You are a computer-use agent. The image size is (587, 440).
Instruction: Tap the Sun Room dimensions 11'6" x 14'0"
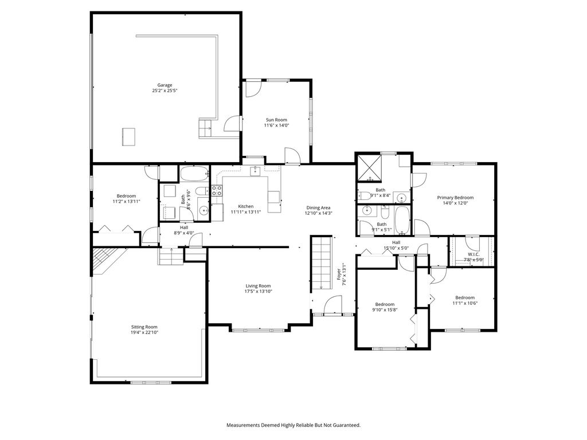pyautogui.click(x=276, y=125)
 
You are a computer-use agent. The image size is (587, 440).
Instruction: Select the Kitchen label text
pyautogui.click(x=246, y=206)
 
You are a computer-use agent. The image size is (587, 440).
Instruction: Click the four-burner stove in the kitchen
pyautogui.click(x=217, y=191)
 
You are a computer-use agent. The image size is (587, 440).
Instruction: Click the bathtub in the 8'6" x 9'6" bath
pyautogui.click(x=195, y=173)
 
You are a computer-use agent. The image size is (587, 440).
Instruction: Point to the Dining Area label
pyautogui.click(x=318, y=207)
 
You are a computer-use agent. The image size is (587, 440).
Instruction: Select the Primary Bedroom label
pyautogui.click(x=455, y=197)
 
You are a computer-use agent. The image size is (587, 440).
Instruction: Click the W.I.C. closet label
pyautogui.click(x=473, y=254)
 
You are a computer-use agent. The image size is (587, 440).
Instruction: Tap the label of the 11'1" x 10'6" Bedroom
pyautogui.click(x=464, y=297)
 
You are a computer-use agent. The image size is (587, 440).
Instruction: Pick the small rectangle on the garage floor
pyautogui.click(x=130, y=137)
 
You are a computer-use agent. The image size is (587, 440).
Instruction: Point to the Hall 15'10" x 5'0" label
pyautogui.click(x=396, y=242)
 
